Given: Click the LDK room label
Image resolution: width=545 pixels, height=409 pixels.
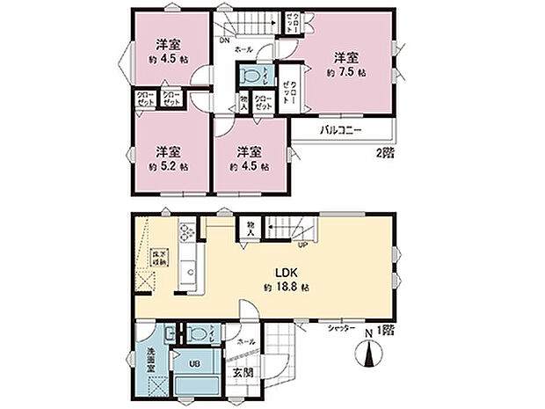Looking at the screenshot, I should click(x=290, y=270).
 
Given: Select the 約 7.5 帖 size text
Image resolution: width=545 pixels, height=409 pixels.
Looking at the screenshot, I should click(x=345, y=72).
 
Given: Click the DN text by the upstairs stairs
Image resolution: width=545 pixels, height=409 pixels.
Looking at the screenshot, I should click(x=226, y=38).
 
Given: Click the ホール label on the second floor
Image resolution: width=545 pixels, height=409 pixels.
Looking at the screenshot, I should click(x=244, y=50).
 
